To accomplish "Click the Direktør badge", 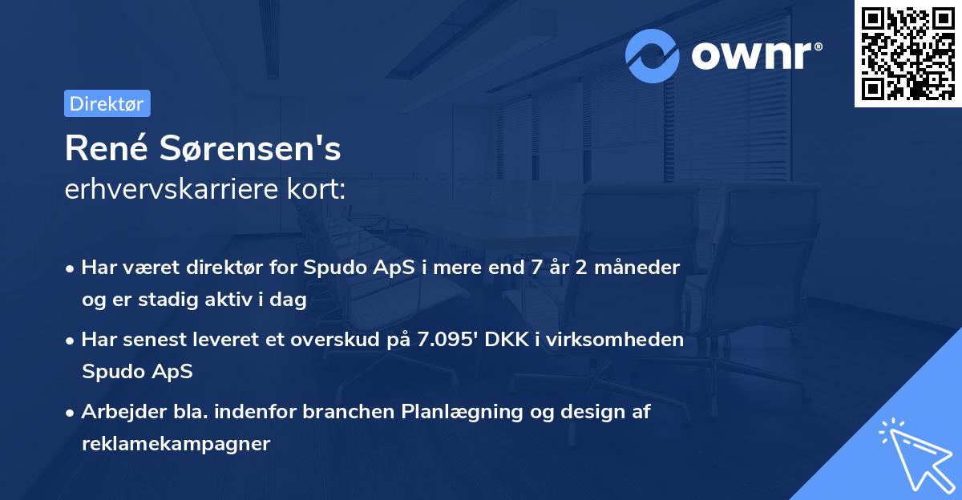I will [x=107, y=103].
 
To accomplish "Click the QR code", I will [x=907, y=54].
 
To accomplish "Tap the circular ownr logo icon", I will [x=653, y=55].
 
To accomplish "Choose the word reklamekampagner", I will [x=176, y=443].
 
